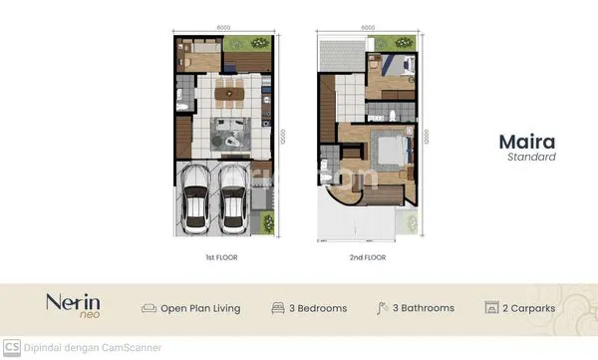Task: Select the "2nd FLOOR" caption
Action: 368,257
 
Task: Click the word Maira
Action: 526,142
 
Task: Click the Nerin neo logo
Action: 66,306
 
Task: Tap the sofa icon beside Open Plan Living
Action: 149,308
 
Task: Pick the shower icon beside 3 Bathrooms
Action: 383,308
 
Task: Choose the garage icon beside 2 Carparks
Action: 490,308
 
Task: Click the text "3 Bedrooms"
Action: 318,308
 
